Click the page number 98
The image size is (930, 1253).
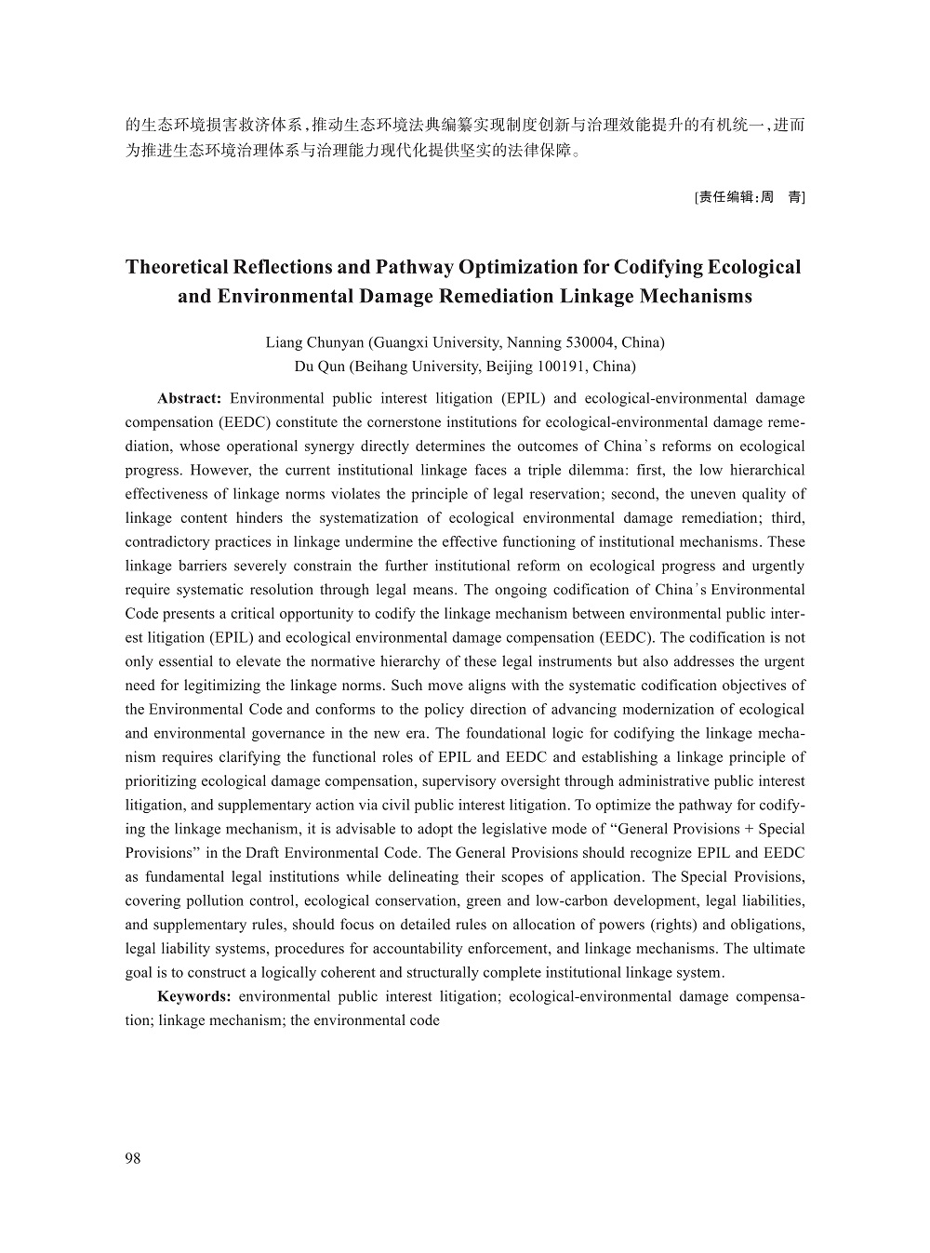pyautogui.click(x=132, y=1158)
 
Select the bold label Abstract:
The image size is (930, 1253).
pyautogui.click(x=189, y=399)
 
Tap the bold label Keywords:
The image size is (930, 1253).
pyautogui.click(x=194, y=996)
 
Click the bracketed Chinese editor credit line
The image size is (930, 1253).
pyautogui.click(x=750, y=197)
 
